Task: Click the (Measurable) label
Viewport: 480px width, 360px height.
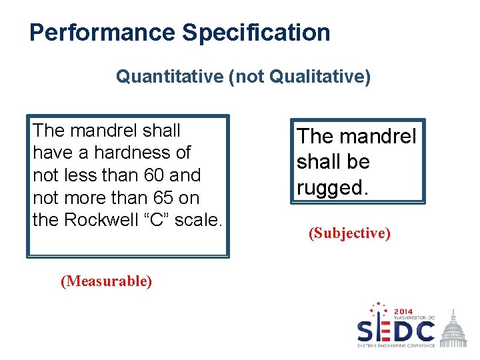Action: tap(106, 281)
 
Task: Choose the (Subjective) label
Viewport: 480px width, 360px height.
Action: tap(349, 233)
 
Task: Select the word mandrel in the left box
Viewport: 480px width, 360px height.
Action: tap(98, 130)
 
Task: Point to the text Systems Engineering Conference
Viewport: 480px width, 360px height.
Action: tap(396, 345)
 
